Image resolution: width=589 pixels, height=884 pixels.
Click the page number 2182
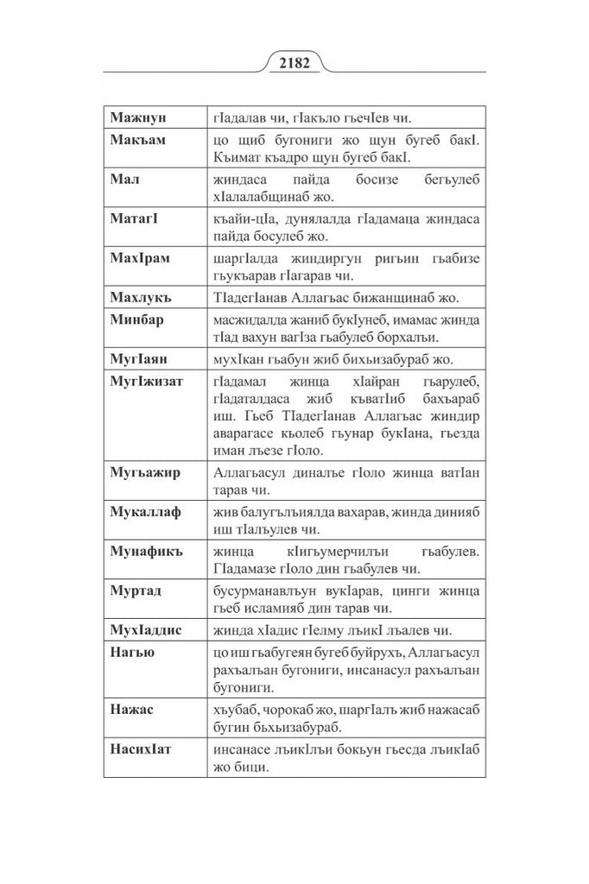pos(294,64)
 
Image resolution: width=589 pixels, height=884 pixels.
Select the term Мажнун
pos(139,116)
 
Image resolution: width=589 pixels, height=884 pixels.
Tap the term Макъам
pos(138,138)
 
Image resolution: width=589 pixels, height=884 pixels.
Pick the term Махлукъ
pos(141,298)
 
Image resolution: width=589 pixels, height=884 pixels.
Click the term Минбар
pos(137,319)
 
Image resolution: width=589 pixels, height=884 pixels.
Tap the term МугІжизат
pos(147,381)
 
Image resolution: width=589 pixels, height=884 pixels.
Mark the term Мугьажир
pos(144,471)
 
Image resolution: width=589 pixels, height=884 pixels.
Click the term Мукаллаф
pos(145,512)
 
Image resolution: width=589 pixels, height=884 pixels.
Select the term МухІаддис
pos(146,629)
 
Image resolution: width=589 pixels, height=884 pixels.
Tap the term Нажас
pos(131,709)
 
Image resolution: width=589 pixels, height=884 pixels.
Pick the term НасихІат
pos(141,748)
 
